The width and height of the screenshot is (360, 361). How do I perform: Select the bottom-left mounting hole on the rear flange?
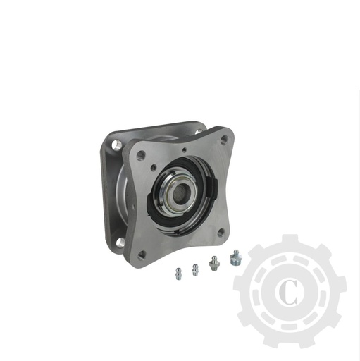click(118, 242)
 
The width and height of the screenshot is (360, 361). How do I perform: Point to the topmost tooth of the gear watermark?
click(290, 241)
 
